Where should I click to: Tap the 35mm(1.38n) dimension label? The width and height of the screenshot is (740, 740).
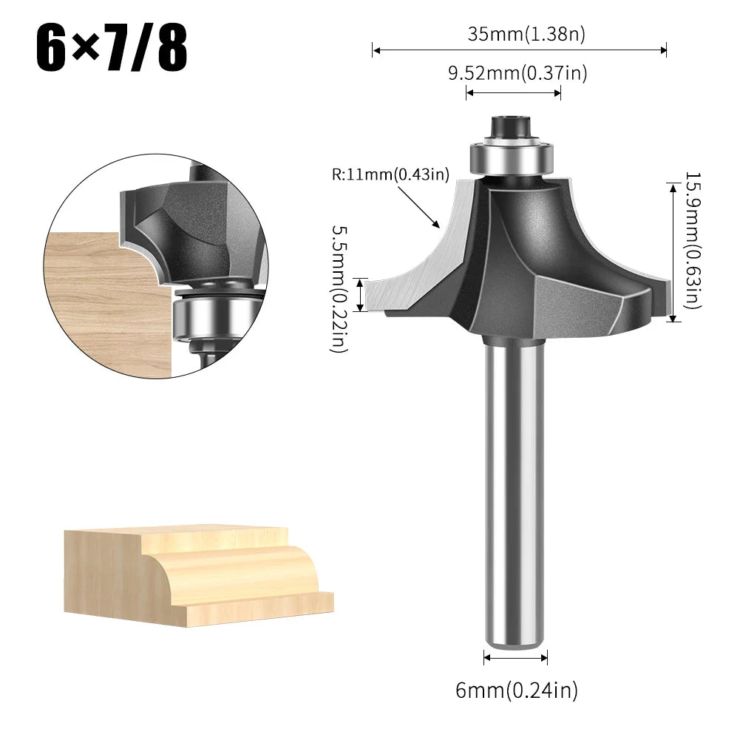pos(520,33)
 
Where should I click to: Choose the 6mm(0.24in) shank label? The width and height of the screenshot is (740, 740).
pos(516,690)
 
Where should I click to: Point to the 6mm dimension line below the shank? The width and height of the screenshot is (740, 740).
pos(515,656)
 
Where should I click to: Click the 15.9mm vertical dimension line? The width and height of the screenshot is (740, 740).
pos(673,251)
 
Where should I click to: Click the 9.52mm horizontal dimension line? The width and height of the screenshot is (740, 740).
pos(513,92)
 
